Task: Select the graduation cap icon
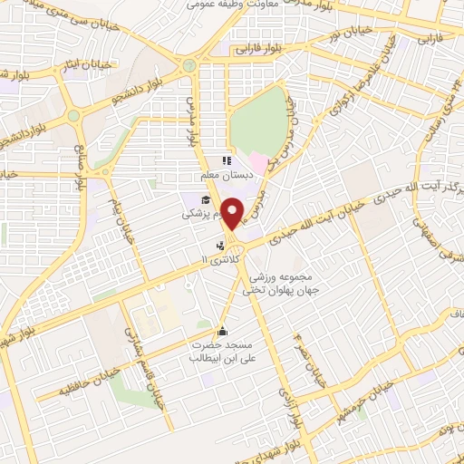pyautogui.click(x=206, y=200)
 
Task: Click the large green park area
pyautogui.click(x=258, y=122)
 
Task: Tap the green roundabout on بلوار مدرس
pyautogui.click(x=188, y=65)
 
